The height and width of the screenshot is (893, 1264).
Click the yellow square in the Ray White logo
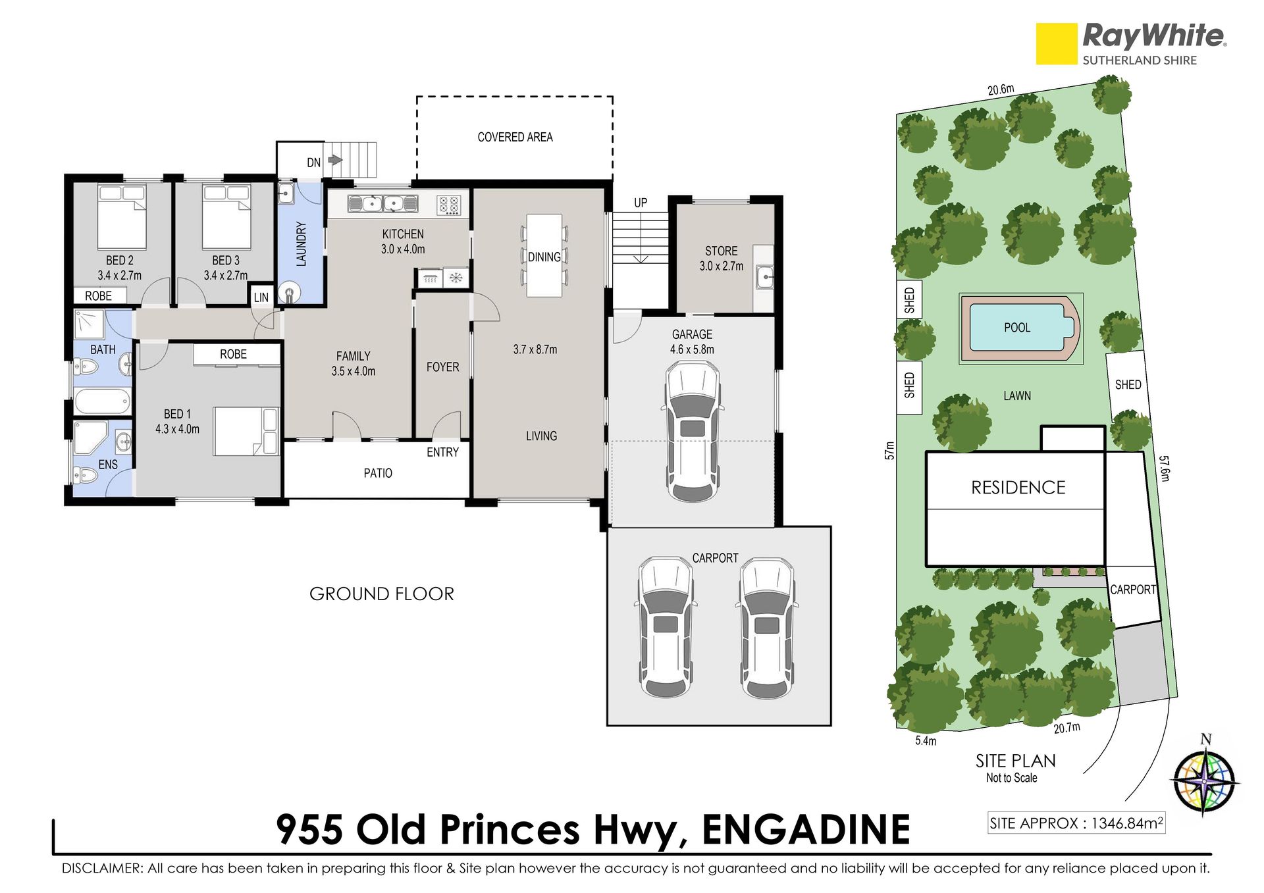tap(1057, 44)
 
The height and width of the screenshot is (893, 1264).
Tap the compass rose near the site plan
tap(1205, 781)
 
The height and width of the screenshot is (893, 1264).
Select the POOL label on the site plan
tap(1017, 328)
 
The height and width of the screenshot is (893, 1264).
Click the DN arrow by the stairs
tap(335, 160)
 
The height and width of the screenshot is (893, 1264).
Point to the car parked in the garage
tap(692, 432)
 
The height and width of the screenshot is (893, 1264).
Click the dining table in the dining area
tap(544, 255)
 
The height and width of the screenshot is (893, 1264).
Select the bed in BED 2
tap(122, 217)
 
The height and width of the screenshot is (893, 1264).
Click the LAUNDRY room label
tap(302, 244)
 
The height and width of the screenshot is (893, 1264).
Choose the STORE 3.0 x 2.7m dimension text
tap(722, 266)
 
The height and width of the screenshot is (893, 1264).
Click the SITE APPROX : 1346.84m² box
tap(1076, 823)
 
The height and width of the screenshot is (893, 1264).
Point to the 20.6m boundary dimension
tap(1001, 89)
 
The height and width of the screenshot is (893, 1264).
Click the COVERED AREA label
tap(515, 137)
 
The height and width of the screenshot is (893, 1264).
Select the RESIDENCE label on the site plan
tap(1018, 488)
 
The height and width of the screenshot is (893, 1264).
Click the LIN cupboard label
tap(261, 297)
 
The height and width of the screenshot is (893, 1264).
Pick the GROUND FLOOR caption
tap(382, 594)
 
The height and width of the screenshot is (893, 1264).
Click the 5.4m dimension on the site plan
tap(926, 741)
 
